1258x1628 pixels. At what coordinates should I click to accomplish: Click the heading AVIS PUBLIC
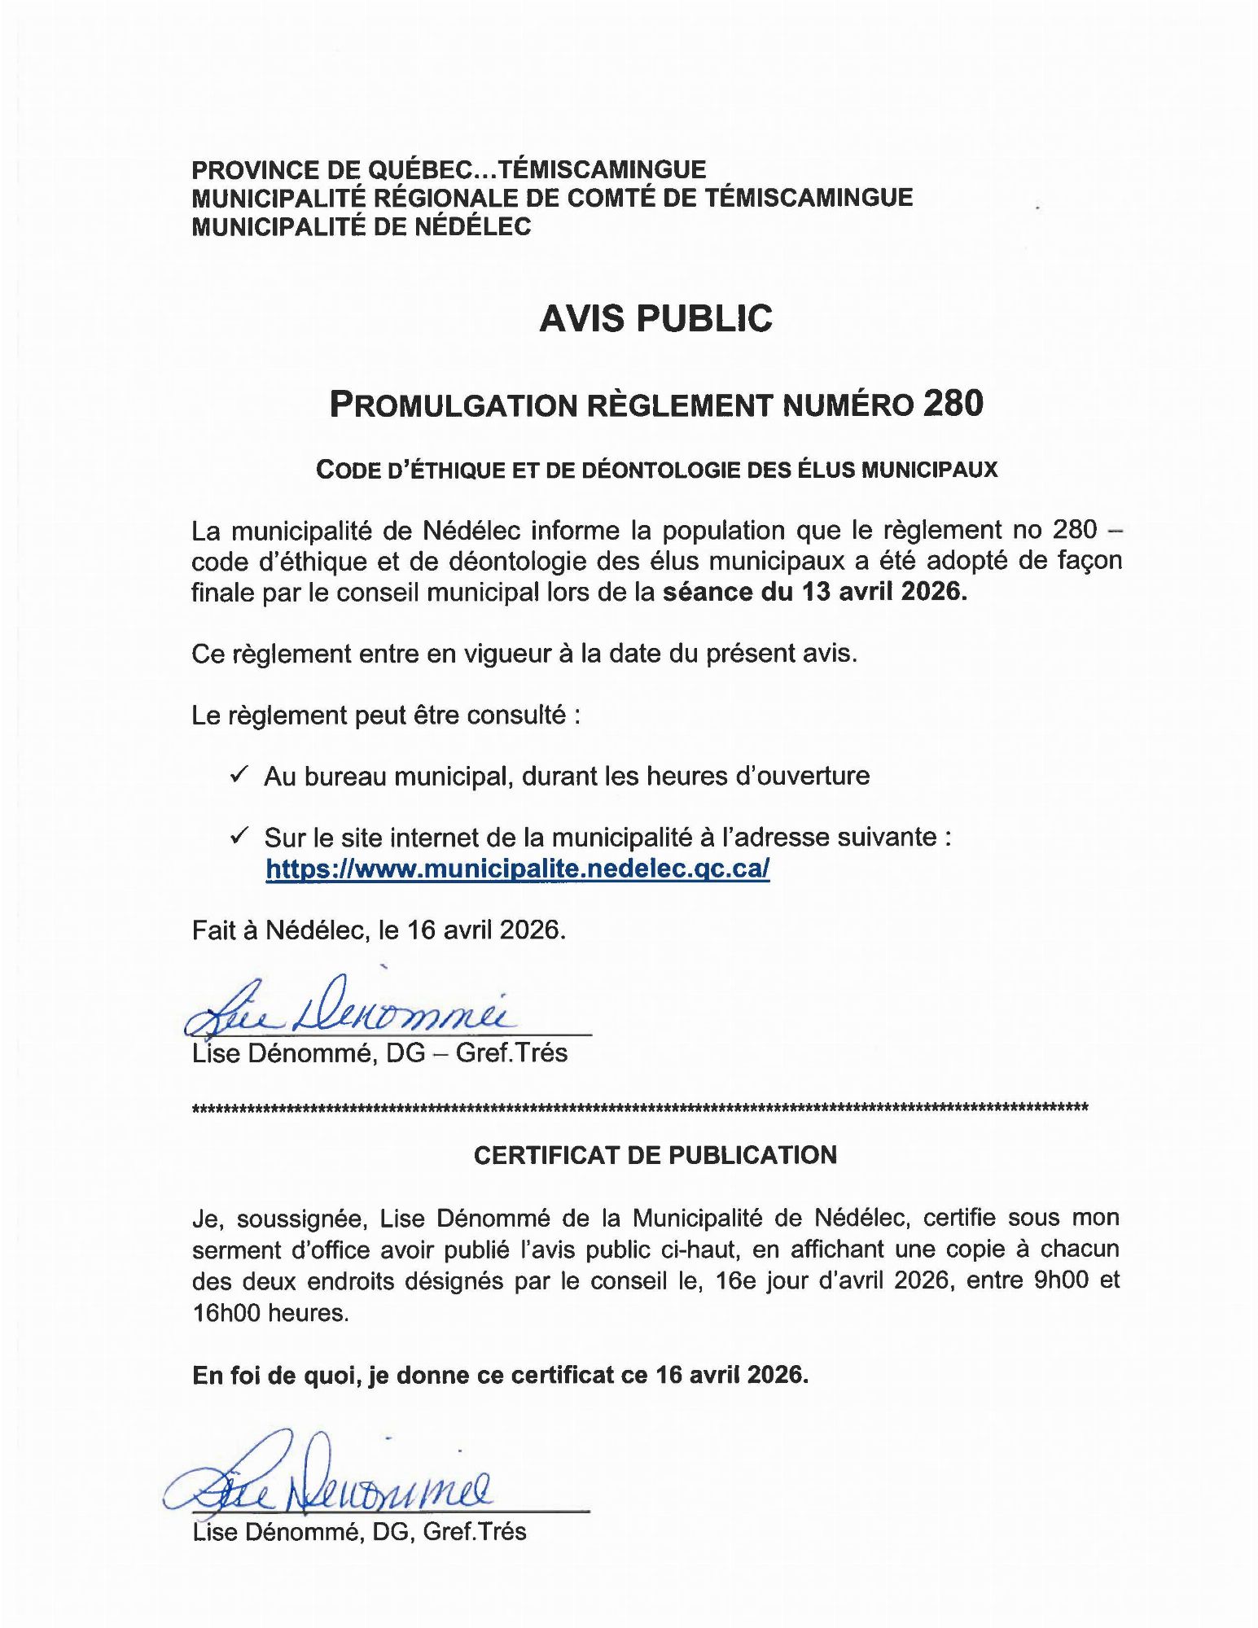[655, 318]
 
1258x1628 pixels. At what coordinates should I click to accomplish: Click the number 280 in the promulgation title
[953, 404]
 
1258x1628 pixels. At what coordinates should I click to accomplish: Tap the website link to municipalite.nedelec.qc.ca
[517, 869]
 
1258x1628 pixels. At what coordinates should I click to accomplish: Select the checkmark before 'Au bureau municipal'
[239, 775]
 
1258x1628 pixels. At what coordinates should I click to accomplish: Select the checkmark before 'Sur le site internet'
[239, 836]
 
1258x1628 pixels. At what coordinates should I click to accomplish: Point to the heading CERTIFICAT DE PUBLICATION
[655, 1155]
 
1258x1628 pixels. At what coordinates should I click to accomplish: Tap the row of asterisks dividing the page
[640, 1108]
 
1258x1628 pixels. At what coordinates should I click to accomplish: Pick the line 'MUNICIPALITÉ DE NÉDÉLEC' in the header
[362, 226]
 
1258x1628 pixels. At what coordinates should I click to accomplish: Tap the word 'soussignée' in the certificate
[299, 1219]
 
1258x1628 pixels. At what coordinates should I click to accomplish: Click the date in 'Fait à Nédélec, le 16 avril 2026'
[486, 930]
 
